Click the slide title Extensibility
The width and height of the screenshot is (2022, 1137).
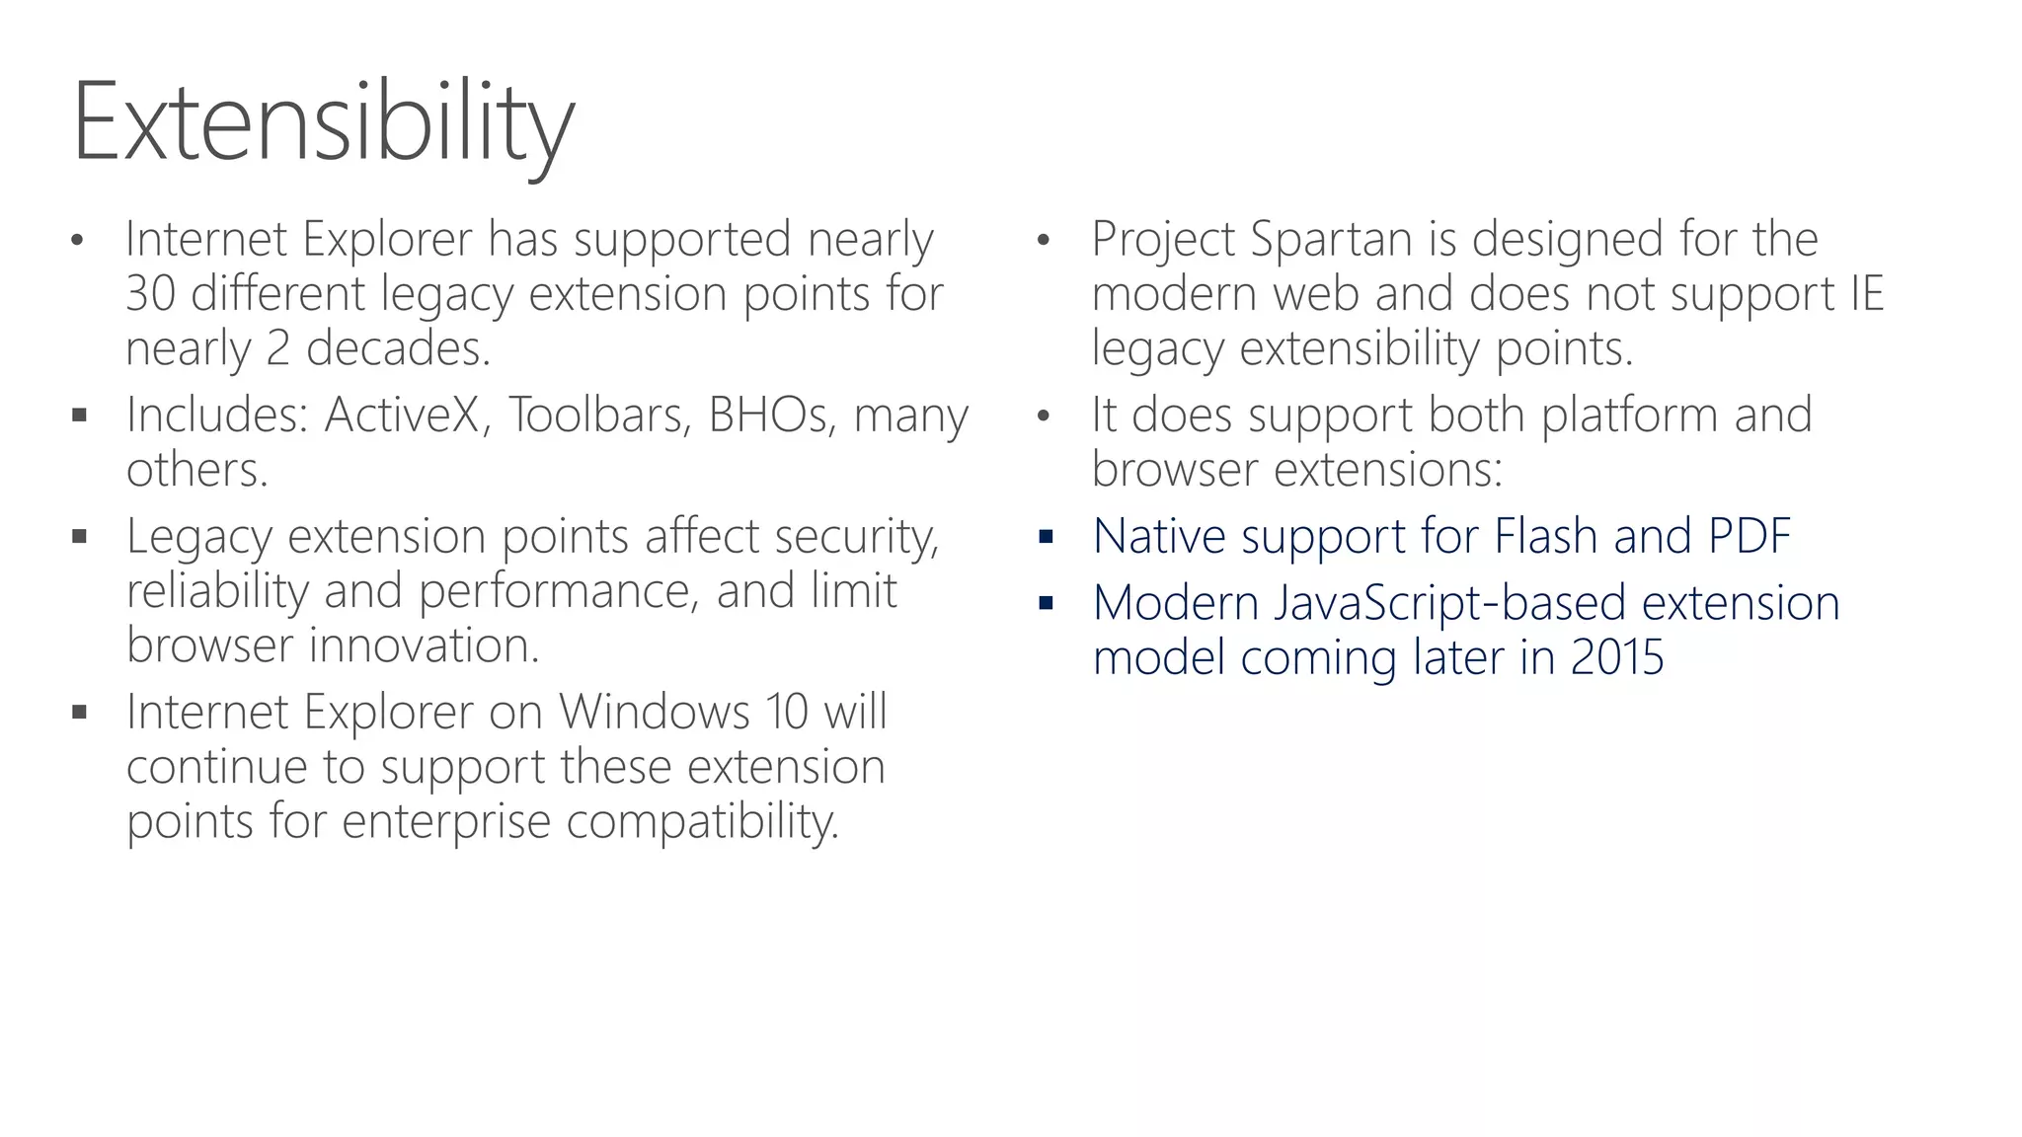pyautogui.click(x=323, y=123)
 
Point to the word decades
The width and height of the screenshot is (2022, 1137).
pyautogui.click(x=398, y=348)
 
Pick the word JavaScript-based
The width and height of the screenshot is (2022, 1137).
pyautogui.click(x=1448, y=603)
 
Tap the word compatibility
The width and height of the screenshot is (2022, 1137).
pyautogui.click(x=702, y=822)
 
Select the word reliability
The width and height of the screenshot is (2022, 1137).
pyautogui.click(x=217, y=592)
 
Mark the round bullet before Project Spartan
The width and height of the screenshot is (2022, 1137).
pyautogui.click(x=1044, y=241)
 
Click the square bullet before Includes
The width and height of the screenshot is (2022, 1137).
pyautogui.click(x=80, y=416)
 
